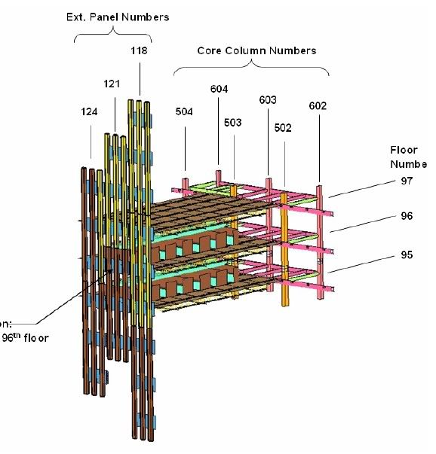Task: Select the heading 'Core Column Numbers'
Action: [x=256, y=50]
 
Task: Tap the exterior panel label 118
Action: [x=138, y=50]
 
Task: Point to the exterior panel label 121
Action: [x=112, y=84]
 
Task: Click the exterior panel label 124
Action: [x=89, y=111]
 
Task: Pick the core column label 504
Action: [x=185, y=111]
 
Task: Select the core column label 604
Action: [x=219, y=89]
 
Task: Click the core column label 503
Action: [x=233, y=122]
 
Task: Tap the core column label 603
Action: [x=268, y=99]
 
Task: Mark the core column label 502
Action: [x=283, y=128]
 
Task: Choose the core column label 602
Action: [x=318, y=106]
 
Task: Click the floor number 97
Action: [x=407, y=181]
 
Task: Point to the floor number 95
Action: [x=407, y=254]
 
